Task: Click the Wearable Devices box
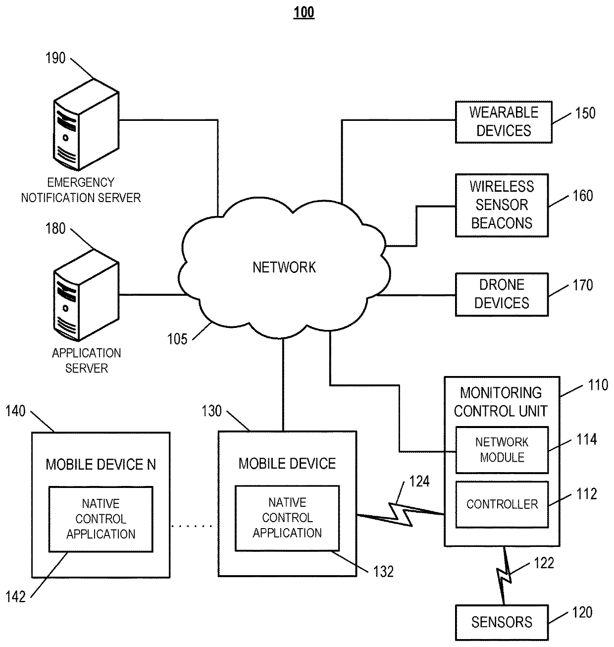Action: click(x=504, y=122)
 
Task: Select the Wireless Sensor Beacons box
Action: click(x=502, y=206)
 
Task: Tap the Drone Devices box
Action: click(x=502, y=295)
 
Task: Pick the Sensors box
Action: click(x=502, y=622)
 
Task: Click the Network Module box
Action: click(x=502, y=450)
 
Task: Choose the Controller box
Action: click(x=502, y=504)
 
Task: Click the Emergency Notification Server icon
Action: click(x=86, y=124)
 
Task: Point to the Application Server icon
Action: click(x=86, y=295)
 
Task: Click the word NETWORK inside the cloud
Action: click(x=284, y=267)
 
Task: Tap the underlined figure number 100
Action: click(x=304, y=12)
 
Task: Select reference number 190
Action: click(x=55, y=58)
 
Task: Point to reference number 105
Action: click(x=177, y=339)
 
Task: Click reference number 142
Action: click(x=15, y=596)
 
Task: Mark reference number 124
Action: click(x=419, y=482)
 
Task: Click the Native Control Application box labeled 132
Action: click(x=287, y=518)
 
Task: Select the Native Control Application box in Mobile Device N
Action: click(x=101, y=519)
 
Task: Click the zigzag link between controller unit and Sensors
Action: click(x=504, y=576)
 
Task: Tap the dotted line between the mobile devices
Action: click(x=192, y=526)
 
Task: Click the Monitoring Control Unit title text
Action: click(x=501, y=402)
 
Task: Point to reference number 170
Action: click(x=583, y=285)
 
